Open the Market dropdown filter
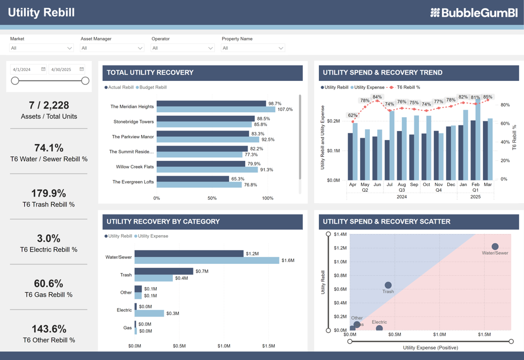(41, 48)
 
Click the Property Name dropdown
(253, 48)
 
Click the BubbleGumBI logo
(473, 13)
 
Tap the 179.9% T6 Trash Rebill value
(49, 193)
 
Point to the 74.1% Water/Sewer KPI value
(49, 148)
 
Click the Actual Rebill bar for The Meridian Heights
(211, 104)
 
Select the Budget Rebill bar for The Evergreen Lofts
(199, 185)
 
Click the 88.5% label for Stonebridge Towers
(263, 119)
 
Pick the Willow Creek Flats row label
(134, 166)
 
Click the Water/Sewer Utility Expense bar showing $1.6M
(207, 260)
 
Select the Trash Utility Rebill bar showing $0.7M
(164, 272)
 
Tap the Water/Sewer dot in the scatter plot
(495, 247)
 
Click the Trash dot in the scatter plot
(388, 285)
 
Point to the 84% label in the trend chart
(377, 97)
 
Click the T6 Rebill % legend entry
(408, 87)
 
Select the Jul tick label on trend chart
(389, 185)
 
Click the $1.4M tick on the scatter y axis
(340, 235)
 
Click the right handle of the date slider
(85, 81)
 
